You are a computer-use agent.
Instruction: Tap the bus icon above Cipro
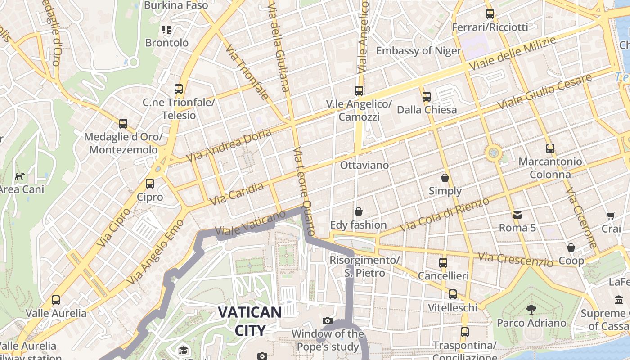pos(150,184)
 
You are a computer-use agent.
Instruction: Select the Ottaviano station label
pos(364,165)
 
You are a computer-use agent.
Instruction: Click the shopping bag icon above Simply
pos(445,178)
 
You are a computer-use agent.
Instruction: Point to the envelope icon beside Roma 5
pos(517,215)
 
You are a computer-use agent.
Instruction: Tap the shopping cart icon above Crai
pos(611,216)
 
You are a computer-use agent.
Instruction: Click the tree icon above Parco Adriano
pos(531,309)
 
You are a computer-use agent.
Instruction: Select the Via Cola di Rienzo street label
pos(444,215)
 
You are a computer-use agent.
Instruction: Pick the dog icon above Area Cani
pos(20,176)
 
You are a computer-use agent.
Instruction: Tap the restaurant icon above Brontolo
pos(166,30)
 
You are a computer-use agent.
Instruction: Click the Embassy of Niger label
pos(418,50)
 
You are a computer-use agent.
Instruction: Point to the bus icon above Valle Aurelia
pos(56,300)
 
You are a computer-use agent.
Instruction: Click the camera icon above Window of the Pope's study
pos(328,320)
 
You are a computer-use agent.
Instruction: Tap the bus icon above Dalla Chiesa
pos(427,96)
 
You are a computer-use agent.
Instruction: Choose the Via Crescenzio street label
pos(515,259)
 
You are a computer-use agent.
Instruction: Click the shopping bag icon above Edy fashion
pos(359,211)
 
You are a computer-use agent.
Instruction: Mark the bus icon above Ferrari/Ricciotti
pos(490,14)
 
